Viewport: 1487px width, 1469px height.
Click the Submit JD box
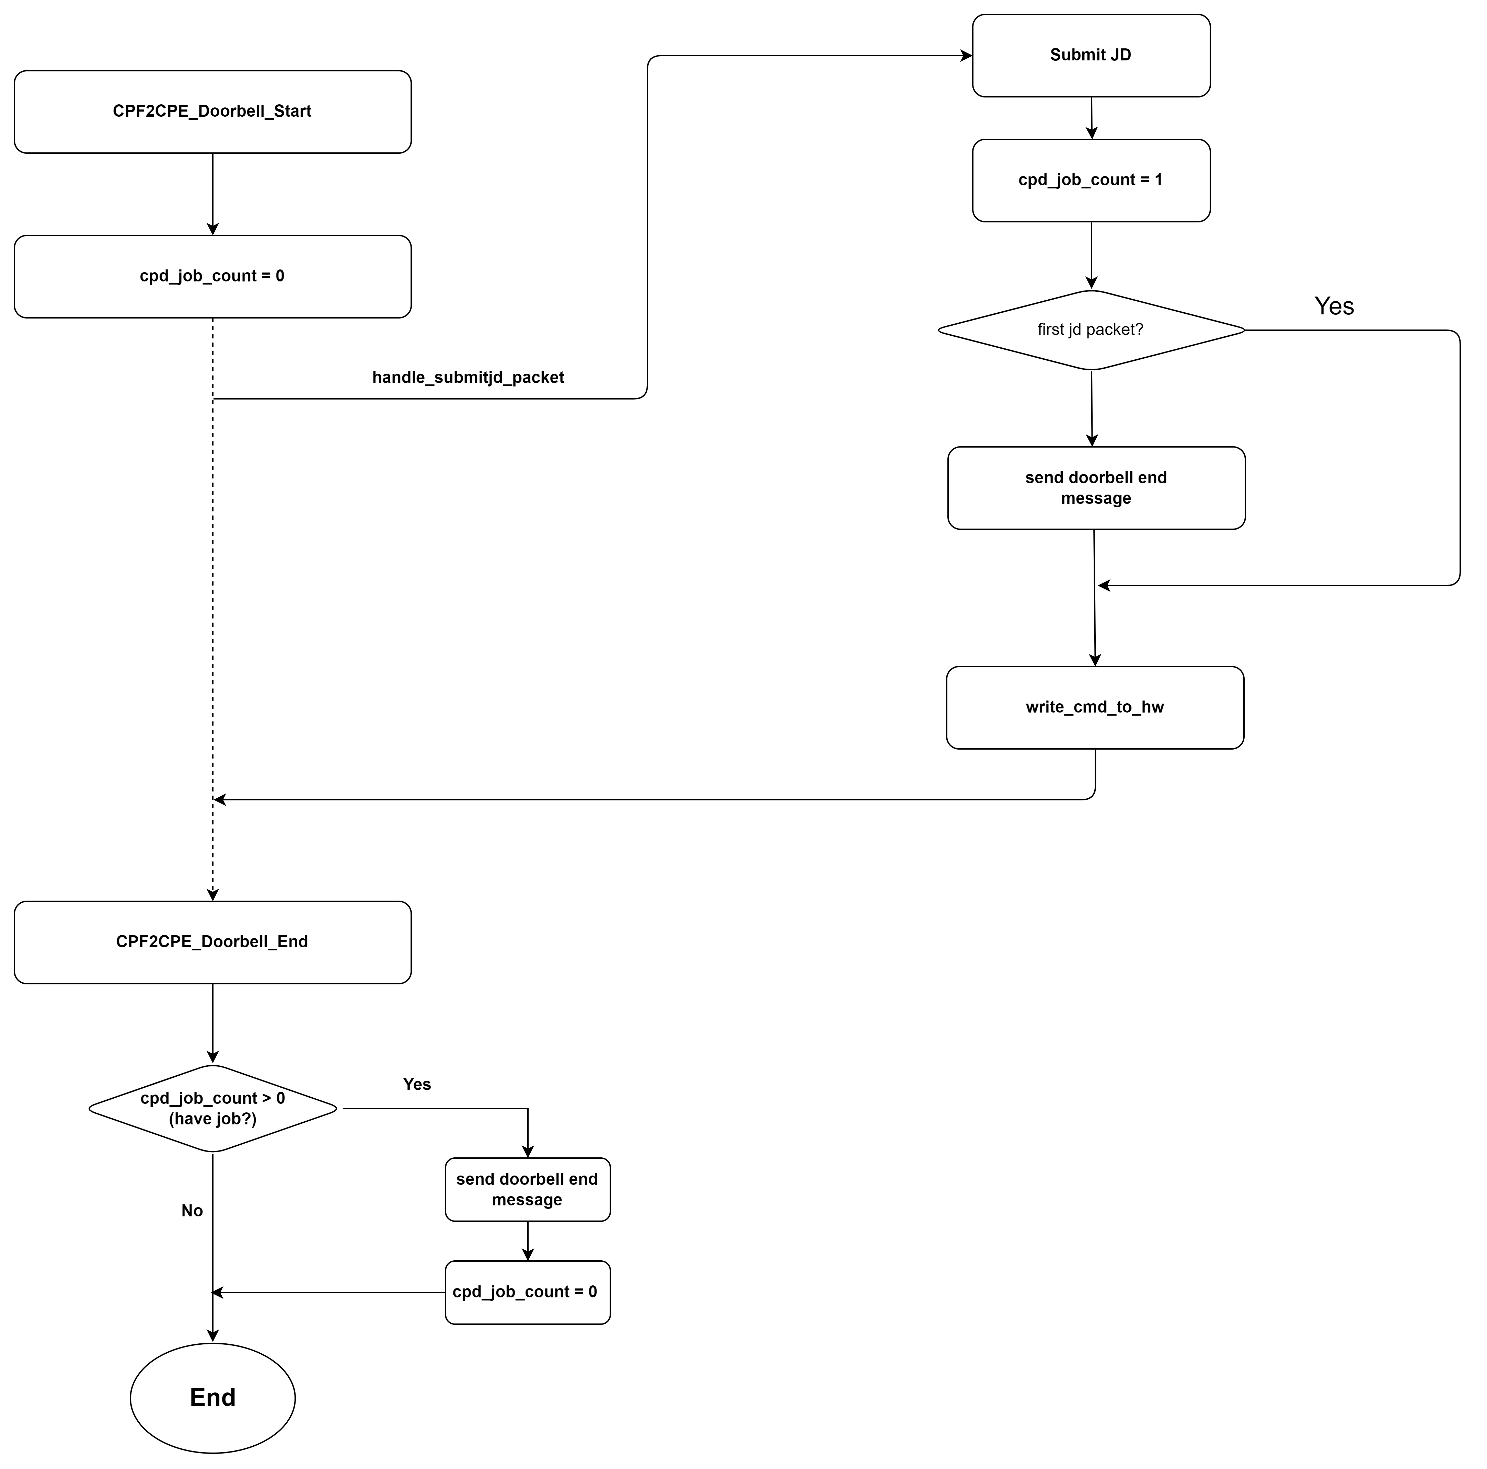[x=1091, y=55]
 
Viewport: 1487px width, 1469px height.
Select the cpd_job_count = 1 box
[x=1091, y=180]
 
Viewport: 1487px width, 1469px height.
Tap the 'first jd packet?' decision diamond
[x=1091, y=330]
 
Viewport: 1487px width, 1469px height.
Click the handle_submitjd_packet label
[x=468, y=377]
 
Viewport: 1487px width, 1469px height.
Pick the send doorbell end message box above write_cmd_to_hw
[x=1096, y=488]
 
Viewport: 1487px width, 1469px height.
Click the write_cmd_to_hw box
[x=1094, y=707]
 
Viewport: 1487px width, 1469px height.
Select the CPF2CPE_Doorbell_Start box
[x=212, y=112]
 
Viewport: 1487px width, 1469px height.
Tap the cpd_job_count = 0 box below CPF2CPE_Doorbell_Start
[x=212, y=276]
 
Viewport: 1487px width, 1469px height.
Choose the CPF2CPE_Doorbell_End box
[x=212, y=942]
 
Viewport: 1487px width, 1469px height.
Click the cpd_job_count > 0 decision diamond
[x=212, y=1108]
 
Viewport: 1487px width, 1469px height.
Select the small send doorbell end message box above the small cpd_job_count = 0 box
[x=527, y=1190]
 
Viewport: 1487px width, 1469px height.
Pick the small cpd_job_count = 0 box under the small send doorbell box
[x=527, y=1292]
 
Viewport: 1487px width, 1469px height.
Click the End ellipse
[x=212, y=1397]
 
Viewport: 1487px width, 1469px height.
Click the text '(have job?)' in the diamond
[x=212, y=1119]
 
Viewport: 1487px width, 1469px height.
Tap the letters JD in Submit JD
[x=1120, y=55]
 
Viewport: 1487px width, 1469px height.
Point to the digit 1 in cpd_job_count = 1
[x=1159, y=180]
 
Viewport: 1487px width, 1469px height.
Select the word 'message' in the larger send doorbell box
[x=1096, y=499]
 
